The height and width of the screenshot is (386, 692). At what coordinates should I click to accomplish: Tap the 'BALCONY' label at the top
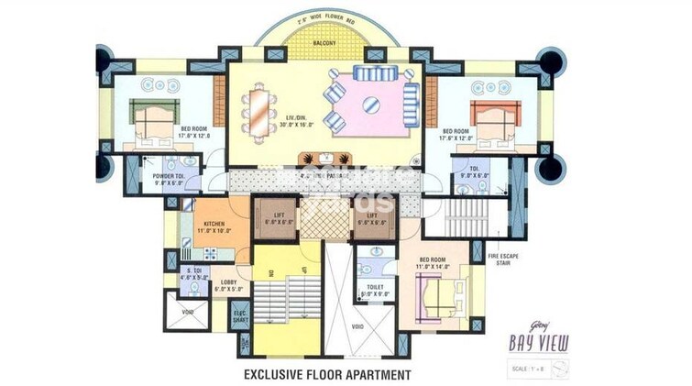[x=323, y=43]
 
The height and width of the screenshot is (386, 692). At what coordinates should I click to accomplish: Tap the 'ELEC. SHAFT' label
[x=240, y=316]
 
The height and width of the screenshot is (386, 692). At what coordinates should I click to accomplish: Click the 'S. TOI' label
[x=194, y=271]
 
